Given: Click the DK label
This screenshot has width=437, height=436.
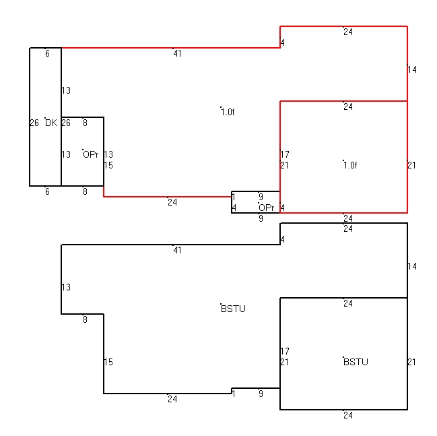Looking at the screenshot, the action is (x=51, y=123).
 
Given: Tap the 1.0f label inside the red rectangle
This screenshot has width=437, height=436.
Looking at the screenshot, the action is (x=350, y=165).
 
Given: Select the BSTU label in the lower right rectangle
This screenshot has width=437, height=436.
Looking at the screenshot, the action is (x=356, y=362).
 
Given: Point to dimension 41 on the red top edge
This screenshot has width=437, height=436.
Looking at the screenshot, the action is (x=178, y=53).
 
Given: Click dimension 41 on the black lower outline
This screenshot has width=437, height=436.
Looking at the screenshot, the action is (x=178, y=250).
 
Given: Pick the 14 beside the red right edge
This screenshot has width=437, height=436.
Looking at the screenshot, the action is (x=412, y=69).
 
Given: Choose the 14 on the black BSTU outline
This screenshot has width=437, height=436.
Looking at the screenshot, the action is (x=412, y=266).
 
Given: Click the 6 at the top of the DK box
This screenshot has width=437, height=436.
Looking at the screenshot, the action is (x=47, y=53).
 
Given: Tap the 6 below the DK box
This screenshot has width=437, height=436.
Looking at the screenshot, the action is (x=47, y=191).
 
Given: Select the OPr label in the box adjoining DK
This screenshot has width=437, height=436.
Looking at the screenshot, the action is (x=91, y=154).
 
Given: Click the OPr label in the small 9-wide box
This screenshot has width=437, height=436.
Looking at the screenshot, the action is (x=267, y=208).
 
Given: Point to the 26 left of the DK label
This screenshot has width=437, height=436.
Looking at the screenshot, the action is (x=34, y=123).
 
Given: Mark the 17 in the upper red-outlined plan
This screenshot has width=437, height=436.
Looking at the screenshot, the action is (x=285, y=154).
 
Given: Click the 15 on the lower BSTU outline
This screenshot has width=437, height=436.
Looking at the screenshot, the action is (x=108, y=362).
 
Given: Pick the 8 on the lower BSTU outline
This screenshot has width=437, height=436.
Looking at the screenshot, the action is (x=86, y=319).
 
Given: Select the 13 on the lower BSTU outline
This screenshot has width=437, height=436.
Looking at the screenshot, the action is (x=66, y=287).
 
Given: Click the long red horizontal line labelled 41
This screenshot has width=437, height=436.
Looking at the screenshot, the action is (x=171, y=48).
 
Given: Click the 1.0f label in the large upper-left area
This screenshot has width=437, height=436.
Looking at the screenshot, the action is (x=228, y=112).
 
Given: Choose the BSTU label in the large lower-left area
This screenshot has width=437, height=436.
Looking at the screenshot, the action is (x=233, y=309).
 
